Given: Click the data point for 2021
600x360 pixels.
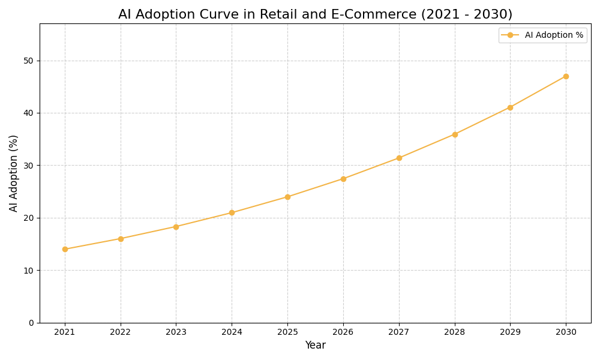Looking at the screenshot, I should pos(65,249).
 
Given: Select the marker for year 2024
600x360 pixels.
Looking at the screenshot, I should pos(232,212).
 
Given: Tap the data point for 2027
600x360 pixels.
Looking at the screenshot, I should pos(399,158).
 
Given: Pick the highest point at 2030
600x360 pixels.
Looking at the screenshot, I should pos(566,76).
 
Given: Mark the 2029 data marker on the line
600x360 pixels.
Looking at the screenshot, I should pos(510,107).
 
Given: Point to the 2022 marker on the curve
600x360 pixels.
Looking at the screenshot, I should pos(121,239).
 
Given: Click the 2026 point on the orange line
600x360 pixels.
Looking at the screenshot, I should pos(343,179).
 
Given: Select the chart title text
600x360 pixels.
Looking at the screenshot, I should pos(315,14).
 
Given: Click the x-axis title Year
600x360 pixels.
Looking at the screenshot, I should pos(315,346).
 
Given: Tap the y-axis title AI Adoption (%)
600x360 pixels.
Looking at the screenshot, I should pos(14,173).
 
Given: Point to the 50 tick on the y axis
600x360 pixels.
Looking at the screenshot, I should pos(28,61).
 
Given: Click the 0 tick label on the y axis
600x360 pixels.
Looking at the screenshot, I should pos(31,323).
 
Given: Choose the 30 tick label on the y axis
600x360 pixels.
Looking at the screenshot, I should pos(28,166).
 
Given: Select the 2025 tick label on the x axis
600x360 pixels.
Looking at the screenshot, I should pos(287,332).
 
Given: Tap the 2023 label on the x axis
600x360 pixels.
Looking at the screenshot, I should pos(176,332).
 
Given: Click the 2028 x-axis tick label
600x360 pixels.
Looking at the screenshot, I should pos(455,332).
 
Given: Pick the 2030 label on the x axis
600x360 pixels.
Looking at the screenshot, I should pos(566,332).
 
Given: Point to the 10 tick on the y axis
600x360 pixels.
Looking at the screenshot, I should pos(28,271).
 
